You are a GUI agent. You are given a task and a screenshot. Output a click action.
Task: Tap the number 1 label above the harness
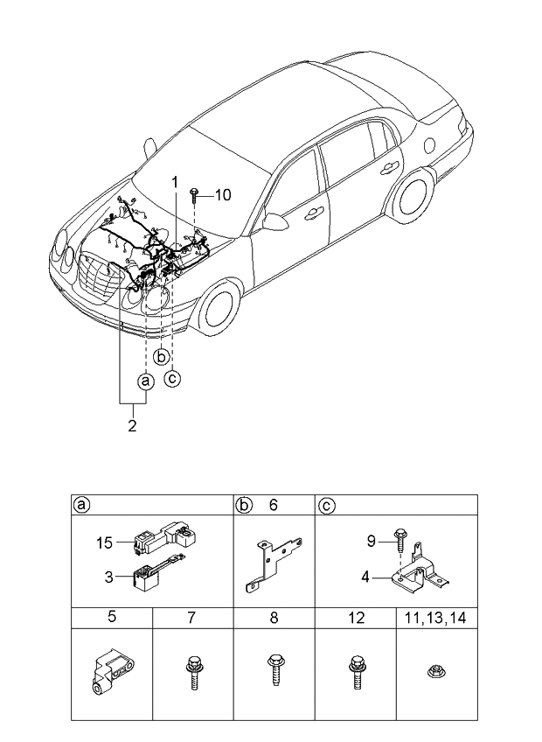pyautogui.click(x=175, y=183)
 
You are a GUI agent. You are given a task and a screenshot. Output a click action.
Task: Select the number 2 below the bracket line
pyautogui.click(x=132, y=427)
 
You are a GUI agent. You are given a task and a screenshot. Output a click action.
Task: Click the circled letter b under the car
pyautogui.click(x=161, y=356)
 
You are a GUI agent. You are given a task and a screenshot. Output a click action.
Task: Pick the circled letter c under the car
pyautogui.click(x=173, y=378)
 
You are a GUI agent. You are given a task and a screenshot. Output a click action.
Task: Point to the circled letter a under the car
pyautogui.click(x=145, y=381)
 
